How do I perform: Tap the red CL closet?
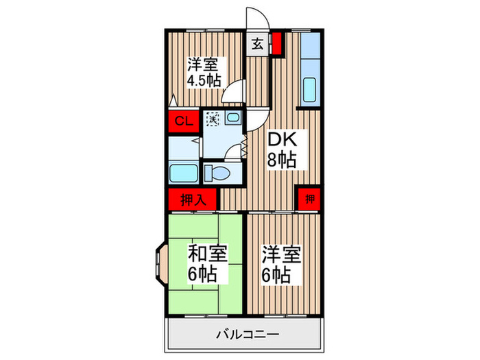[x=182, y=122]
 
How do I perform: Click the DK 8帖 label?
[x=281, y=150]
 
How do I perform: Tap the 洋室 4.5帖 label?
[x=204, y=73]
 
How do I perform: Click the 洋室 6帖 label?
[x=280, y=265]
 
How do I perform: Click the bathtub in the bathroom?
[x=183, y=173]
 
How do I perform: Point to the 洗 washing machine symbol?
[x=212, y=118]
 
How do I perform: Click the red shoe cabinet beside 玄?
[x=277, y=44]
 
